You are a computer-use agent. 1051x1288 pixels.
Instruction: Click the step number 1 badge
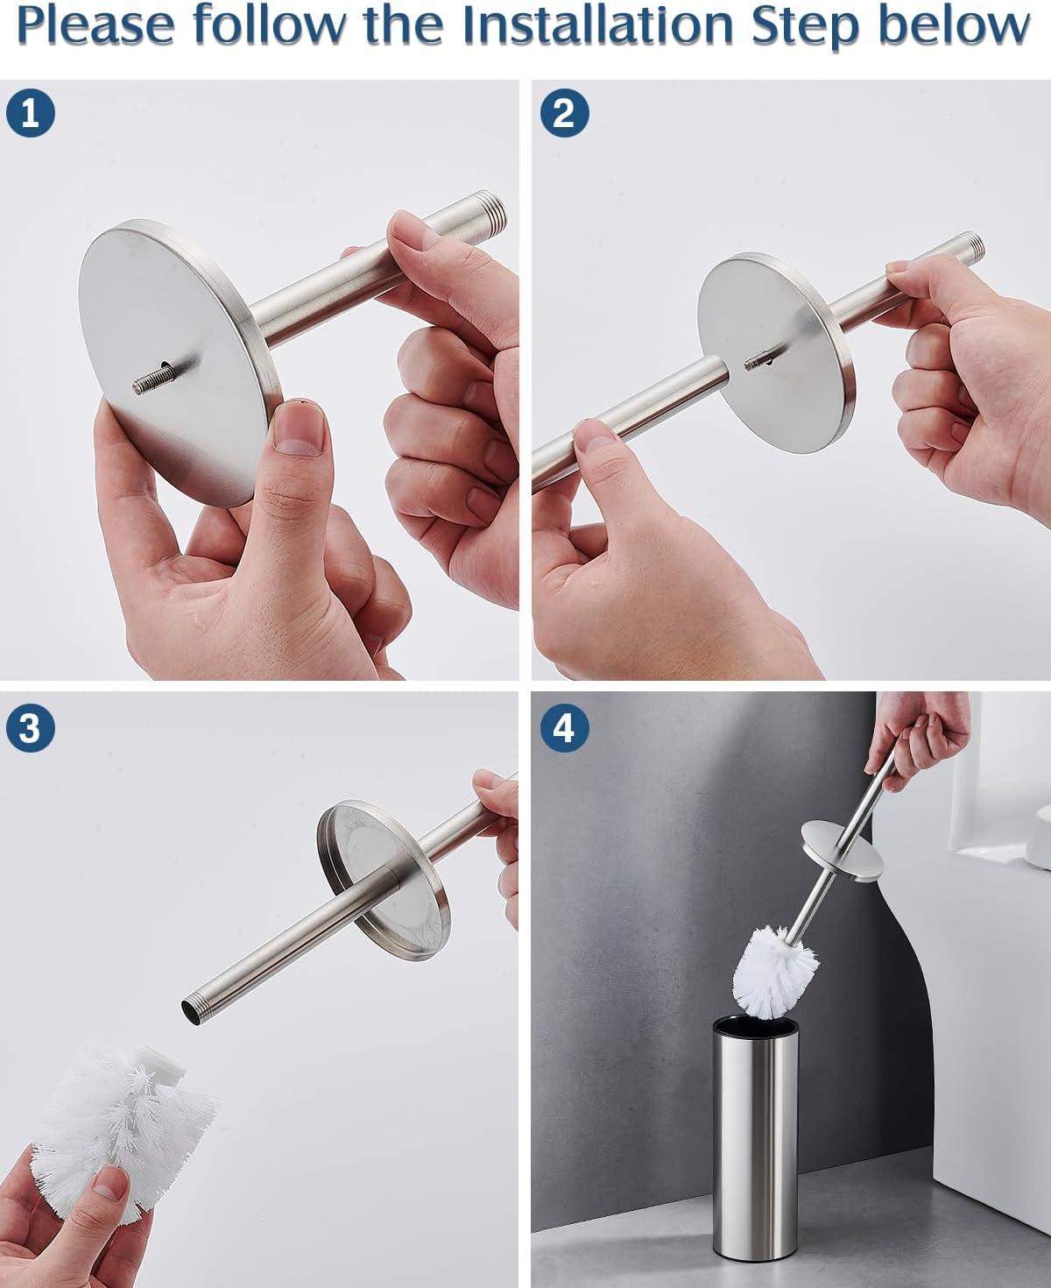tap(31, 113)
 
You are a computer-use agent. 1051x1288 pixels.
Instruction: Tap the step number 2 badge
tap(565, 113)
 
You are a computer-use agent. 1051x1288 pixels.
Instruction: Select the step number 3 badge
tap(31, 728)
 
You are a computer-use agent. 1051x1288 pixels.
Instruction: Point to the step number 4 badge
tap(565, 728)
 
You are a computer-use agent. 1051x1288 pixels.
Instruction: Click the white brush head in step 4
tap(775, 978)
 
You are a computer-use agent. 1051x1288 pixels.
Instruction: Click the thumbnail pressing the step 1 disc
tap(299, 428)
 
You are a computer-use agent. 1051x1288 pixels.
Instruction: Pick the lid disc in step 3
tap(384, 881)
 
